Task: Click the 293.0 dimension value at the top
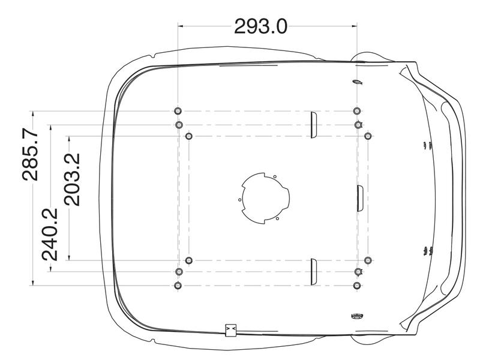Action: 260,26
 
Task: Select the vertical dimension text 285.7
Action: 31,155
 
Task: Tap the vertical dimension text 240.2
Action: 50,234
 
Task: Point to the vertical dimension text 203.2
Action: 73,179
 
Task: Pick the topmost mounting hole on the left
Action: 178,111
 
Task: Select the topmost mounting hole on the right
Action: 357,111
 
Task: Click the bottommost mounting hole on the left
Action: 178,286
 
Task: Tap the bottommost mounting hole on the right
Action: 357,286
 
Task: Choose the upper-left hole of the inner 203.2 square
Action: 189,137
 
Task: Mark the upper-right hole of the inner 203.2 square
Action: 368,137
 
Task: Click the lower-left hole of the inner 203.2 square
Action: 189,260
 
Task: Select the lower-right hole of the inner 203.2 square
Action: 368,260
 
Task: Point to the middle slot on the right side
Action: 359,198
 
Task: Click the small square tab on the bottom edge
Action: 230,330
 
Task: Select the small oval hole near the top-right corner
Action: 355,83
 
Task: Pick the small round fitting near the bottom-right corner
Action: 354,316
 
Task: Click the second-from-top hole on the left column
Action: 178,125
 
